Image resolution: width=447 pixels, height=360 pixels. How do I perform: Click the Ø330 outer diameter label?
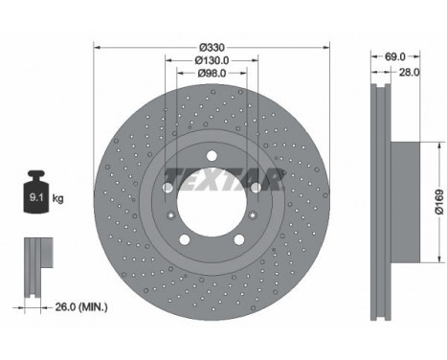tap(212, 48)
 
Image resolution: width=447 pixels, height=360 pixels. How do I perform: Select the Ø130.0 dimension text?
tap(212, 60)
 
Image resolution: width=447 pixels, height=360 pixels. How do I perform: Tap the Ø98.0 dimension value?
tap(212, 74)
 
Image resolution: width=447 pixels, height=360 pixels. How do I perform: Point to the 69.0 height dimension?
tap(395, 56)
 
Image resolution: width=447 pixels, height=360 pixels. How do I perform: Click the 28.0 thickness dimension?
tap(410, 73)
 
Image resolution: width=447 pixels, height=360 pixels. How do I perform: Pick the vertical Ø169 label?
tap(439, 202)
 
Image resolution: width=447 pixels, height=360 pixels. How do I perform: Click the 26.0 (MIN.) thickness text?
tap(81, 307)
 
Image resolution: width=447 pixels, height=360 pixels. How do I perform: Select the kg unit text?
tap(57, 198)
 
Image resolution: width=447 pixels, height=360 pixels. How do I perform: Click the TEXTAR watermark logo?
tap(223, 179)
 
